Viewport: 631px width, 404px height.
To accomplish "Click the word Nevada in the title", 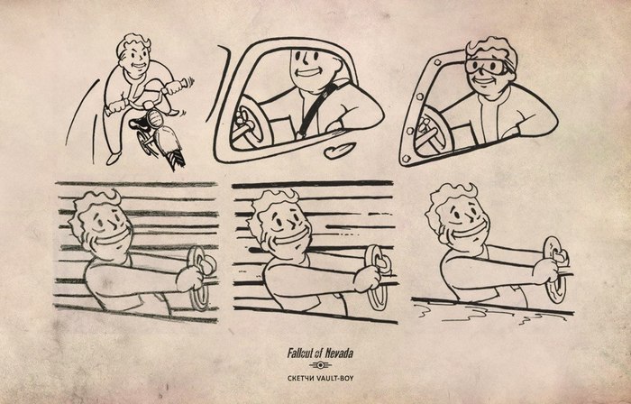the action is [339, 353].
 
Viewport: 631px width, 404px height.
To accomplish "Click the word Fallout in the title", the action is [300, 353].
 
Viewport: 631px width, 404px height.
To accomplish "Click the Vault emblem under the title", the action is [320, 365].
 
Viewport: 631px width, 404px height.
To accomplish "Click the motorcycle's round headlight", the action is [154, 118].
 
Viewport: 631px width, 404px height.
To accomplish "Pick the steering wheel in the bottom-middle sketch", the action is [377, 278].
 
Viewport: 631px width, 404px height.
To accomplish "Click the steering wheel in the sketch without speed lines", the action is [555, 270].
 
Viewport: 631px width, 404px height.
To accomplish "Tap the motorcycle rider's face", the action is [136, 60].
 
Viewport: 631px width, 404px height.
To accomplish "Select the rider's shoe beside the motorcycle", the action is [113, 159].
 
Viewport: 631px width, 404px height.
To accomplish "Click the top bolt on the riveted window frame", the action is [438, 62].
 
